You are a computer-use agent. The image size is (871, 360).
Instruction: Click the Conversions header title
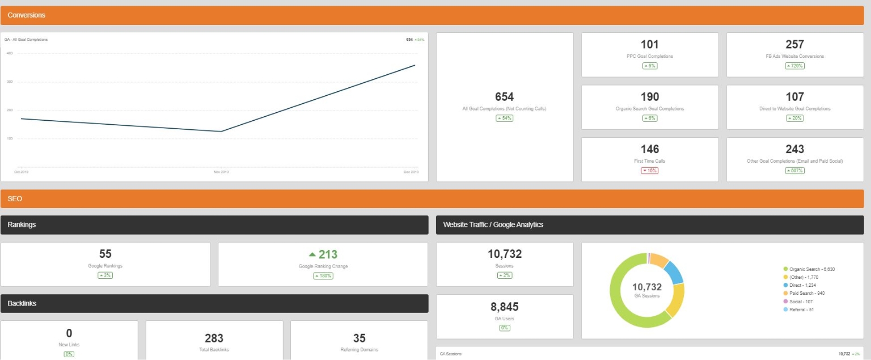27,15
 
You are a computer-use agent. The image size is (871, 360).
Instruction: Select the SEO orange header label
15,199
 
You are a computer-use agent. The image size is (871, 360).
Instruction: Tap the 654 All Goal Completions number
504,97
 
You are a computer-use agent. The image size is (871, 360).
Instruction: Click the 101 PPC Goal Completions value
650,45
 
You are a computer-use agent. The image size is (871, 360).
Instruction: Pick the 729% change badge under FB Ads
794,66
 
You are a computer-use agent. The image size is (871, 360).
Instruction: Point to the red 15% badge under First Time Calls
650,171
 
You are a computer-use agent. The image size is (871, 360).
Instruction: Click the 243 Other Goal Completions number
794,149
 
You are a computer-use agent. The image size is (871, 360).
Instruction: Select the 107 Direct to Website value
794,97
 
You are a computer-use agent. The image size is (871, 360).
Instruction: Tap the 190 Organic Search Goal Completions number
650,97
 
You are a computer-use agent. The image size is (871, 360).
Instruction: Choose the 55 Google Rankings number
105,254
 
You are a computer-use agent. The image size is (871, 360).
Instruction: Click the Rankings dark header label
22,225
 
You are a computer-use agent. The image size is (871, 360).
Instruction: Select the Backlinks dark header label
22,303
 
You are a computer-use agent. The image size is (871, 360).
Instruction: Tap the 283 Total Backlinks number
214,338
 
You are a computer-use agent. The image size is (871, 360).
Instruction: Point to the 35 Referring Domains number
360,338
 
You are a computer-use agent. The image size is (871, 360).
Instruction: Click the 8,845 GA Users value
504,307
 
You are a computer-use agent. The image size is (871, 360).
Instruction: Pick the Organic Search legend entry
812,269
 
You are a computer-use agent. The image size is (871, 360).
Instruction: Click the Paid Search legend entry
807,293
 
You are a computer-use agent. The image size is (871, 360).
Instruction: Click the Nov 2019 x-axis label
221,171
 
